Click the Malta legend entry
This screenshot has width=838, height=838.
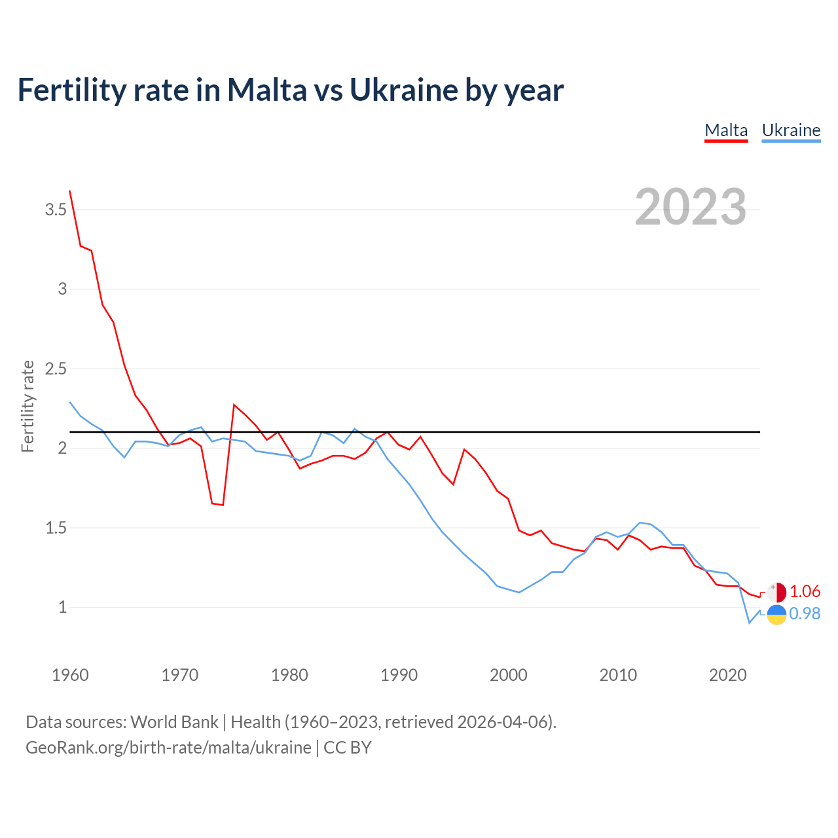(726, 130)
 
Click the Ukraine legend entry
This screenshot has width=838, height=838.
(791, 130)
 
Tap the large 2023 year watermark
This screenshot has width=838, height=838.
(691, 207)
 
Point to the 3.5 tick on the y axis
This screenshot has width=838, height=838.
(56, 210)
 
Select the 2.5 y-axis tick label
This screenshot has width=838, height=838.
(56, 369)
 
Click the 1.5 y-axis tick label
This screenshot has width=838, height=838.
(56, 528)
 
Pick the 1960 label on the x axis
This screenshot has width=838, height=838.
(70, 675)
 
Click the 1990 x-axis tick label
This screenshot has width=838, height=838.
(399, 675)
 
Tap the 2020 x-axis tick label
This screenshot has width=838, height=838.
(727, 675)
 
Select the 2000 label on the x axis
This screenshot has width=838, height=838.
(508, 675)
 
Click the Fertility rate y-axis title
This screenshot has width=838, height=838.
(27, 406)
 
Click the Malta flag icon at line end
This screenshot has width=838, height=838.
(776, 592)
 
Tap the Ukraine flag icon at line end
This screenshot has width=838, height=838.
(776, 615)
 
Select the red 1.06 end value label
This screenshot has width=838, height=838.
(805, 592)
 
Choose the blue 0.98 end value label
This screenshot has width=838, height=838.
(805, 614)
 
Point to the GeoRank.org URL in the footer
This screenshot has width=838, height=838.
(168, 748)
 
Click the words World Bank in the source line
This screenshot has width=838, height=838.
(174, 722)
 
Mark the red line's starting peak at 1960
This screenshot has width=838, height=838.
(70, 191)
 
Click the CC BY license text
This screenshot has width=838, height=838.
(348, 748)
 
